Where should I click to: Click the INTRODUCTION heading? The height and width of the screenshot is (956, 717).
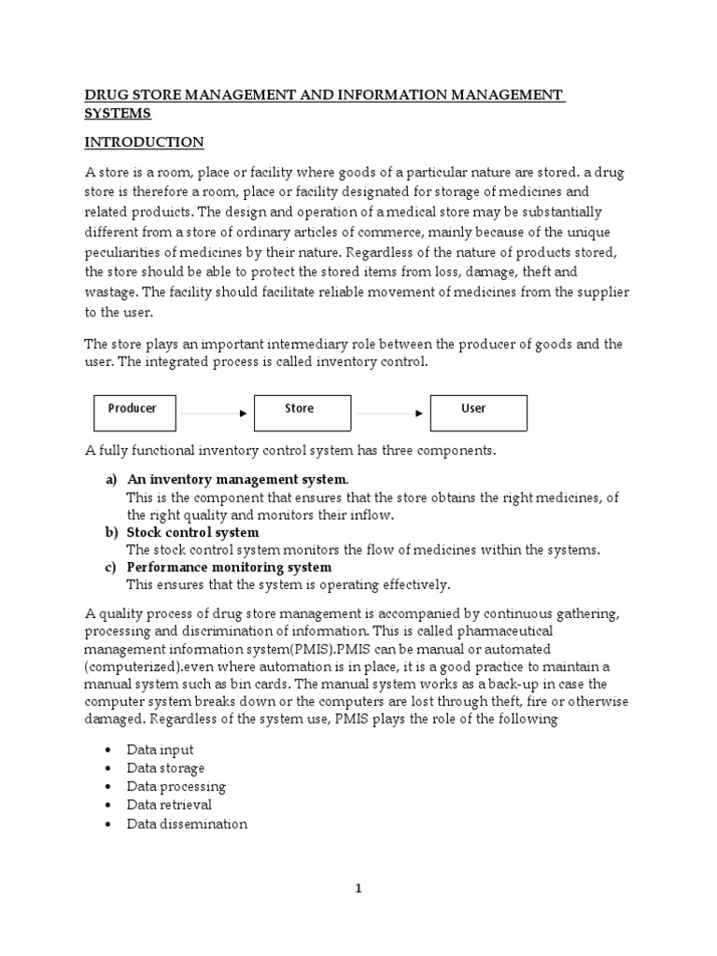point(144,143)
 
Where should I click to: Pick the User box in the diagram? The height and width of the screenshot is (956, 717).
point(478,412)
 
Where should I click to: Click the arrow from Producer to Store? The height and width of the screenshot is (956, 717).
point(214,413)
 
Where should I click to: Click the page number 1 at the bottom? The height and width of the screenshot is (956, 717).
point(358,889)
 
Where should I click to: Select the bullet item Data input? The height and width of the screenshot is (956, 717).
point(161,750)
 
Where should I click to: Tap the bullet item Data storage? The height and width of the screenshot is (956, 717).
point(166,768)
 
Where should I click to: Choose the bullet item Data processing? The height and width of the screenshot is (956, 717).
point(176,787)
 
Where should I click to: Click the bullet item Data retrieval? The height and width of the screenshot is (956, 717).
point(169,805)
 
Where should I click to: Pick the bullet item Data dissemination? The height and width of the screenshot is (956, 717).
point(187,824)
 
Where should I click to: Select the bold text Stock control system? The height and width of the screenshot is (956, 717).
point(192,533)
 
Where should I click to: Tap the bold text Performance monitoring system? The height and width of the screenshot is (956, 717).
point(229,568)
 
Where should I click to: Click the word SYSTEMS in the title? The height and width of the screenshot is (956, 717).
point(118,113)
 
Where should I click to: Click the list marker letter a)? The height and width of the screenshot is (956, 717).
point(109,480)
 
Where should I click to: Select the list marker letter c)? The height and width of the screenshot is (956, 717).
point(109,568)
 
